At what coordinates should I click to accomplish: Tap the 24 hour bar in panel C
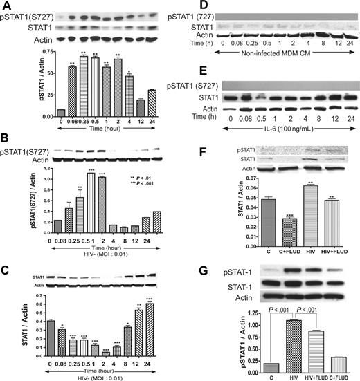pyautogui.click(x=170, y=328)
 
